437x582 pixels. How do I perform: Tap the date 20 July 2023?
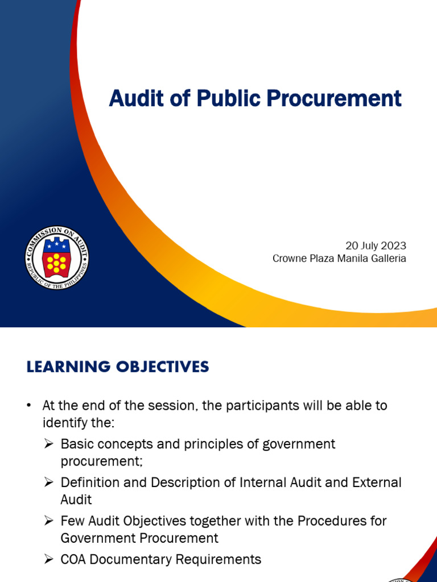[376, 246]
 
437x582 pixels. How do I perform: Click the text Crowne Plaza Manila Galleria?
[339, 259]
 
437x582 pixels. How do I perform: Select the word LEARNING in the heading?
[64, 367]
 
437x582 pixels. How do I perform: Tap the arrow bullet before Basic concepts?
[49, 444]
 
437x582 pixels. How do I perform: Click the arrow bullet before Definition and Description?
[49, 483]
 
